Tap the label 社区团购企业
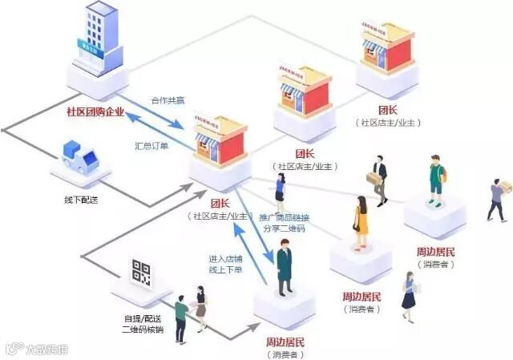(x=95, y=111)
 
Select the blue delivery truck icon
(x=80, y=153)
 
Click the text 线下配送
(x=83, y=199)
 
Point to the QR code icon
(x=141, y=272)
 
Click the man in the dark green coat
(x=283, y=268)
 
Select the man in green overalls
(x=435, y=179)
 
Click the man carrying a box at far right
(x=498, y=198)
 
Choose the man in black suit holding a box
(x=378, y=176)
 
